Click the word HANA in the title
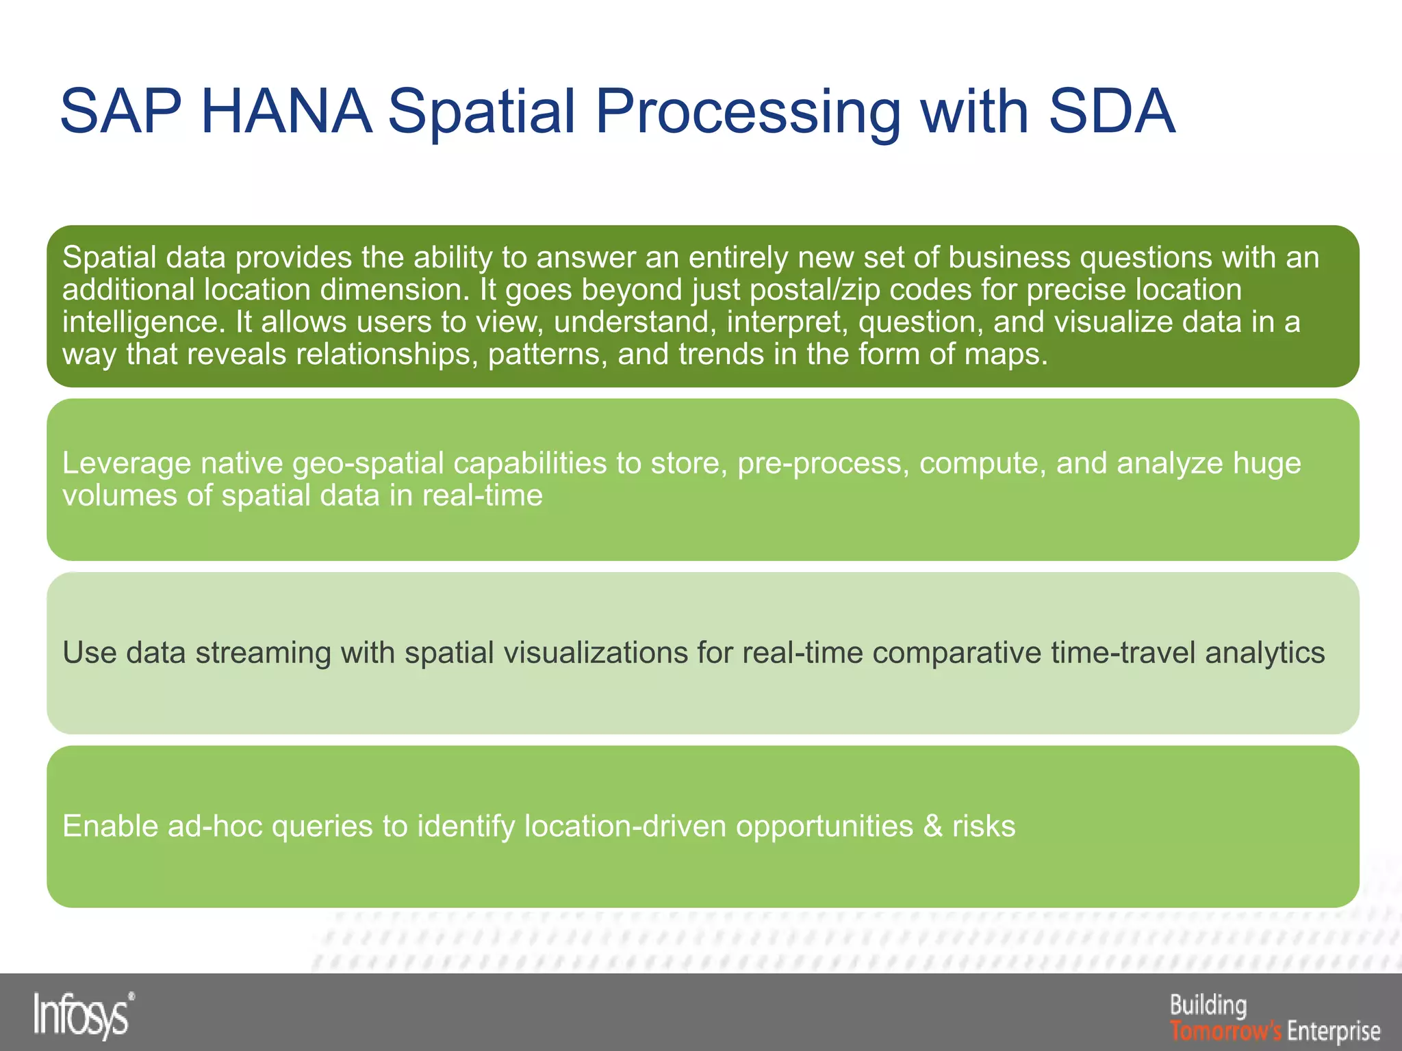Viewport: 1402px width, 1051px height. (286, 112)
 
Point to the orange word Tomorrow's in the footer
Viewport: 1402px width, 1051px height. (1225, 1030)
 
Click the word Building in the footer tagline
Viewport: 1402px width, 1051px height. (1208, 1005)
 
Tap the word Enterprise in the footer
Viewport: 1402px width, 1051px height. (1334, 1030)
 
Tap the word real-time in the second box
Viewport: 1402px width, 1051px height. (482, 495)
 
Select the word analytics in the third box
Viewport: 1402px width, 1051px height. (1265, 653)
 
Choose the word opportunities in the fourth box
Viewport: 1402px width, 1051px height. (824, 827)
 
